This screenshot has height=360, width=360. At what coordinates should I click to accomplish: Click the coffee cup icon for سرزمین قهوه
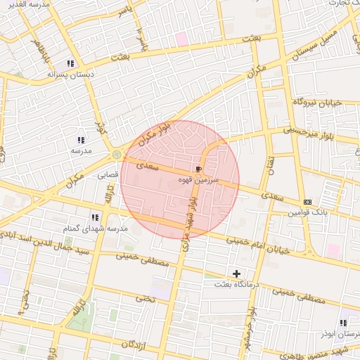point(199,169)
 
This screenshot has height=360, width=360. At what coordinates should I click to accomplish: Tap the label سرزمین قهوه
point(199,181)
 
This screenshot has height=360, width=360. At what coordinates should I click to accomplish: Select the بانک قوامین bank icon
point(307,202)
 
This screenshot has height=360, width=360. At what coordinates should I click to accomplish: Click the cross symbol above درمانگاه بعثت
point(236,273)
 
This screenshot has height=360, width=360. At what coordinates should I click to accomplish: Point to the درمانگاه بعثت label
point(237,284)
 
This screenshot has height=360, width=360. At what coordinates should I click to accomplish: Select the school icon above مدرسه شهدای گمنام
point(95,217)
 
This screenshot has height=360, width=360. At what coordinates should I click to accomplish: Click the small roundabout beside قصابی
point(116,154)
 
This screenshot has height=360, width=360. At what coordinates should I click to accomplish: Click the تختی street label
point(145,297)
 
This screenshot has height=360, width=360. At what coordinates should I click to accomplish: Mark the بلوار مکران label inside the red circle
point(155,135)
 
